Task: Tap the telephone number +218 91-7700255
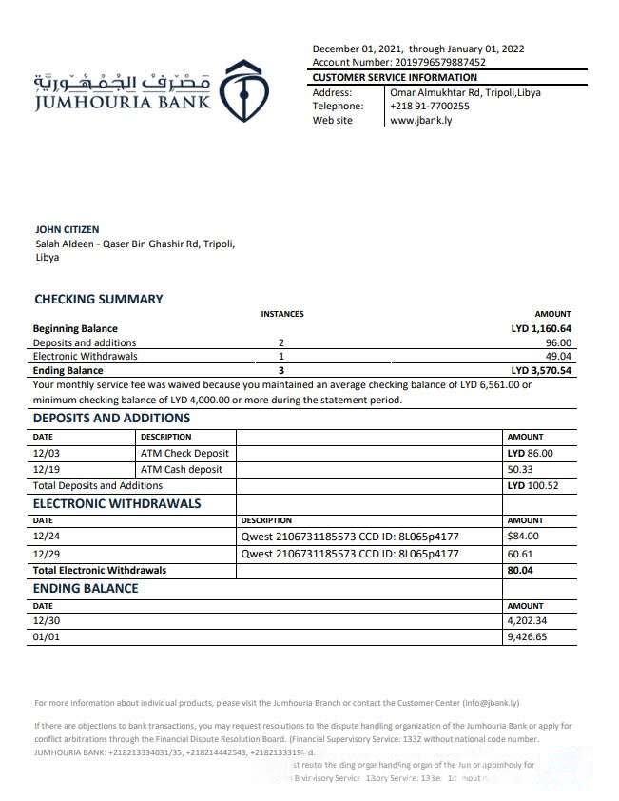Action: [429, 107]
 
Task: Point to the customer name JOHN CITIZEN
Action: [67, 229]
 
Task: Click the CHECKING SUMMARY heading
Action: [99, 299]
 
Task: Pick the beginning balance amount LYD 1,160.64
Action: [541, 329]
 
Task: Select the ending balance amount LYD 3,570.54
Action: [541, 370]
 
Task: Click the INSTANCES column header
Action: [282, 314]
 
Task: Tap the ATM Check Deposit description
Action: [184, 454]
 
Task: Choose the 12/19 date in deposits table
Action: [47, 469]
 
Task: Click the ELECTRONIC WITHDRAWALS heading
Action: [117, 503]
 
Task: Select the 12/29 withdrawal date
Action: [47, 553]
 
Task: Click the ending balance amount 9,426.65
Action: [528, 637]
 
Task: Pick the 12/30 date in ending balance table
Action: [47, 621]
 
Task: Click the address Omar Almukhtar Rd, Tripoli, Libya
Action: [466, 92]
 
